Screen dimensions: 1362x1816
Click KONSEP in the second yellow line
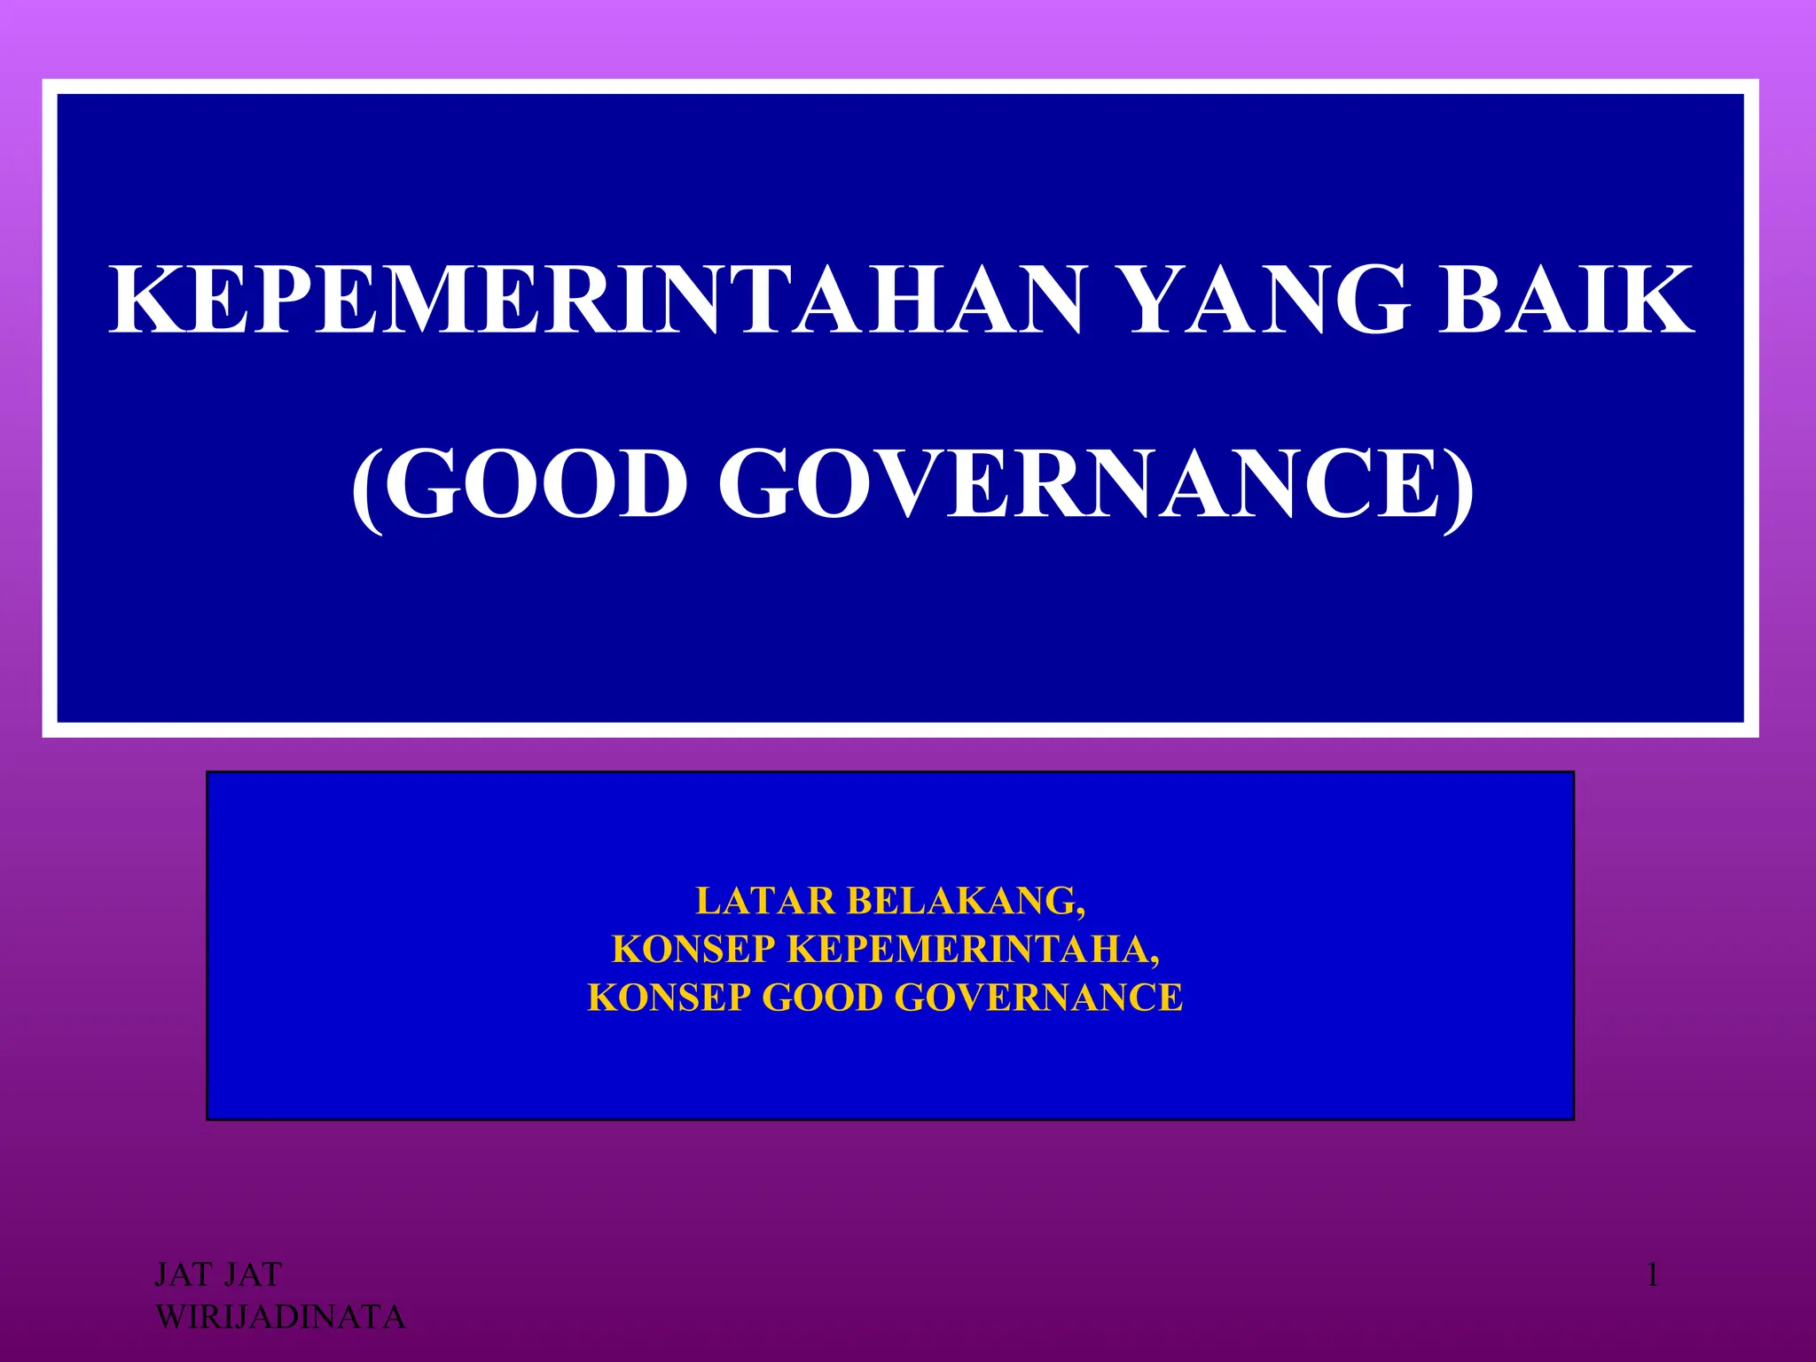(x=694, y=950)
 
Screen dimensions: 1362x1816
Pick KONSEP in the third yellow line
(x=669, y=998)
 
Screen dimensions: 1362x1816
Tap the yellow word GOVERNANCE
(x=1038, y=998)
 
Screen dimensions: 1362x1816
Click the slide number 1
(x=1652, y=1276)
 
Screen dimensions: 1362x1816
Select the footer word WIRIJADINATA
(x=280, y=1318)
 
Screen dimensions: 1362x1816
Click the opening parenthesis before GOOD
(x=367, y=489)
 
